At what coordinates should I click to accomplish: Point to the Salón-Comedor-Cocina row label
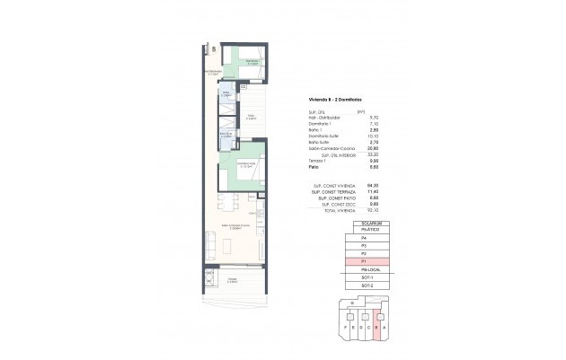point(332,148)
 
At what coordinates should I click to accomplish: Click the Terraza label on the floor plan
point(232,280)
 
